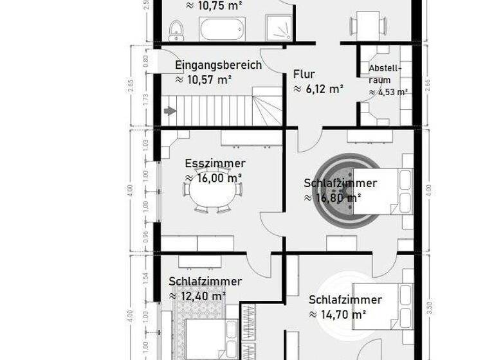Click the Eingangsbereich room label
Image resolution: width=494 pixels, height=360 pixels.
click(x=218, y=65)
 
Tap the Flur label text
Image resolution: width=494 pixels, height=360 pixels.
click(x=304, y=74)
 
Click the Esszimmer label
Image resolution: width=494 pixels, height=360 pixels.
click(x=215, y=163)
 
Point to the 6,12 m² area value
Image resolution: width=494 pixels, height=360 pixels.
click(x=318, y=89)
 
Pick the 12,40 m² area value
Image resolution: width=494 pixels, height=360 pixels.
click(x=197, y=296)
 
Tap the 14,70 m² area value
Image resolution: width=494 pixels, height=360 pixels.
click(x=338, y=314)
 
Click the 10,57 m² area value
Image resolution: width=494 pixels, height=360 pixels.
click(x=203, y=79)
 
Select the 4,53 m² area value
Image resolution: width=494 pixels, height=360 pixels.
click(x=389, y=91)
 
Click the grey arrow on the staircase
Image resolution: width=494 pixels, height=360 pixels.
click(x=170, y=111)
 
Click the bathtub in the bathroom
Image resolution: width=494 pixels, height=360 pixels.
click(x=223, y=29)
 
